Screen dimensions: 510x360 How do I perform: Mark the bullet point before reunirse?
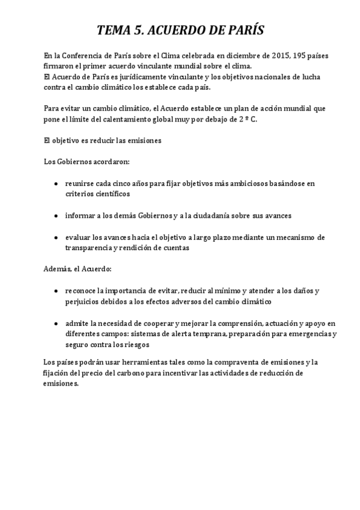click(56, 183)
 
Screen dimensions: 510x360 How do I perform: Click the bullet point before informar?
click(56, 215)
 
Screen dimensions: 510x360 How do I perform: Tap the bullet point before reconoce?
click(56, 290)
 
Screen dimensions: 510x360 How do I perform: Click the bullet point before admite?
click(56, 322)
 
